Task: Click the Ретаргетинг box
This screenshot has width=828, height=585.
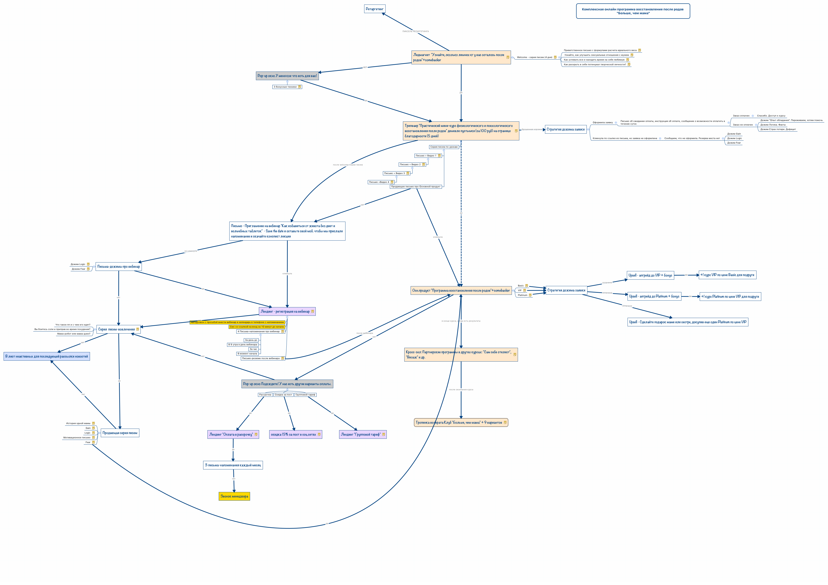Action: [375, 9]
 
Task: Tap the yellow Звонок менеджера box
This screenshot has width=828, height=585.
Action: [234, 496]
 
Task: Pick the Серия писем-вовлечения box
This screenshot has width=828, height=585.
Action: [117, 329]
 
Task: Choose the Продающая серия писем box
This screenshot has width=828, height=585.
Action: [120, 433]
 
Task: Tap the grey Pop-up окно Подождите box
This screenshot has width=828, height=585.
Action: [287, 384]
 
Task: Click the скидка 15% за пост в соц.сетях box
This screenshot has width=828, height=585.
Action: [294, 434]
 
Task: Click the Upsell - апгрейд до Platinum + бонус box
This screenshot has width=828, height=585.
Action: [654, 296]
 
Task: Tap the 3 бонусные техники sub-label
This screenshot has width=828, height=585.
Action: [285, 87]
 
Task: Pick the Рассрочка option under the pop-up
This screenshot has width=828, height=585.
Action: [265, 395]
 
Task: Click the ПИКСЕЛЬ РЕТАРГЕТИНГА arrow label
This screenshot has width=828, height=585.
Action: [415, 31]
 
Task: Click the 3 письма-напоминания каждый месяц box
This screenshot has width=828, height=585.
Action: [233, 465]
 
